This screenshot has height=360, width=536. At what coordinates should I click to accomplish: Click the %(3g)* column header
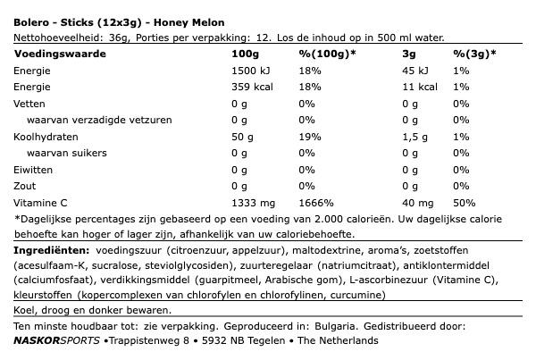[474, 53]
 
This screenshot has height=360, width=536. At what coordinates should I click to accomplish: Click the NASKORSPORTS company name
[57, 340]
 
